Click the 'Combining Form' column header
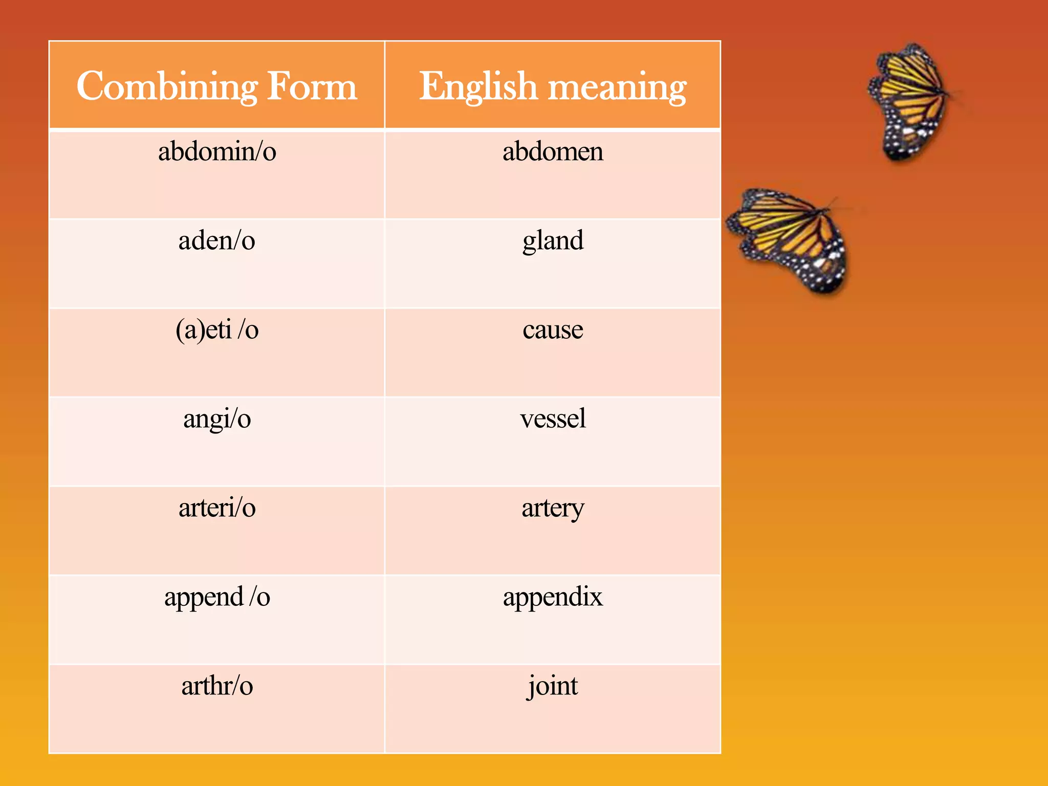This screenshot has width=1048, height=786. point(216,86)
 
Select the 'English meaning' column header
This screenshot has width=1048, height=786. point(553,86)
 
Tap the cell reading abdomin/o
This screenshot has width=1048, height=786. point(217,151)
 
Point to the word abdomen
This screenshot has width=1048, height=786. point(553,151)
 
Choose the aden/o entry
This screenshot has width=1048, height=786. point(217,241)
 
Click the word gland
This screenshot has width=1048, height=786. point(553,241)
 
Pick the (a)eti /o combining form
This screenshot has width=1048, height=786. point(217,330)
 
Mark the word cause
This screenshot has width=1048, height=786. point(553,330)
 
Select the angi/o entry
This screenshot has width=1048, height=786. point(217,419)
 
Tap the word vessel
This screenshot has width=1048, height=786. point(553,419)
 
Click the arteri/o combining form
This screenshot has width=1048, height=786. point(217,508)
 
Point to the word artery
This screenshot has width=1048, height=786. point(553,508)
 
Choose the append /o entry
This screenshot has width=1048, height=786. point(217,597)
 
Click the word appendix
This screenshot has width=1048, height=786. point(553,597)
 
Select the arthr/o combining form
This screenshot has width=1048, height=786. point(217,686)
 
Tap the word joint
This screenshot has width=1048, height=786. point(553,686)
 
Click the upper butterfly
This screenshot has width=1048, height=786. point(911,102)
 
